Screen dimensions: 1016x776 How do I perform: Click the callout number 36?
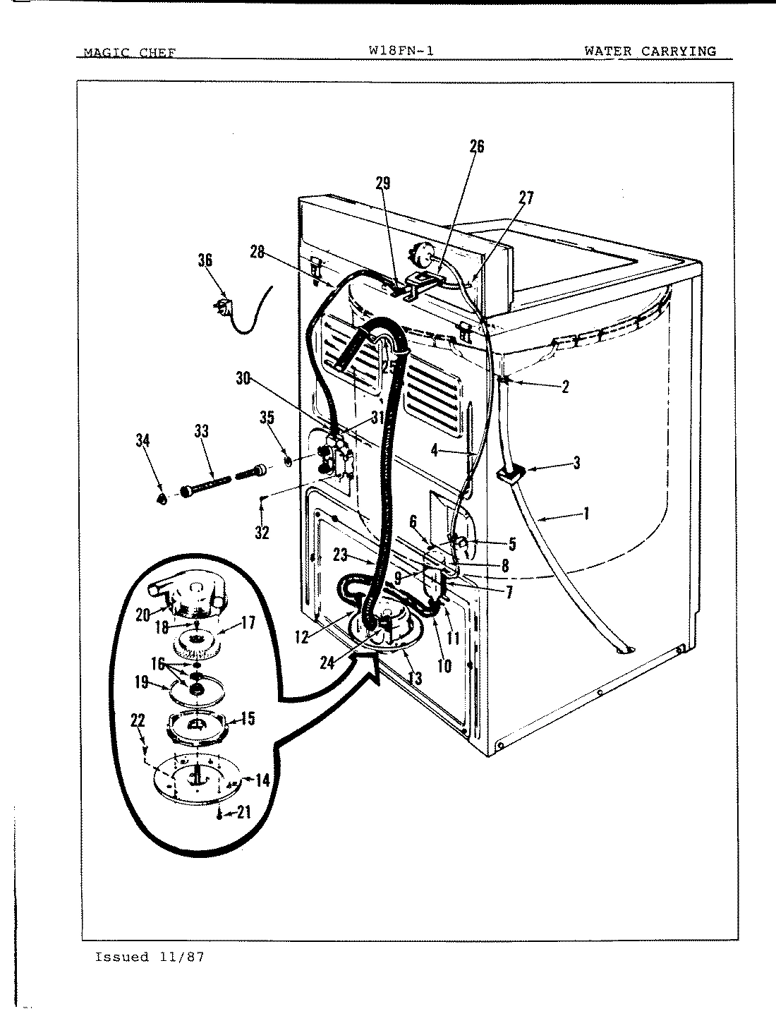tap(205, 260)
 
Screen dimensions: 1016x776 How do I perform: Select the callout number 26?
tap(477, 146)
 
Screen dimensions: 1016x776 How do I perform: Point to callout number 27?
tap(526, 198)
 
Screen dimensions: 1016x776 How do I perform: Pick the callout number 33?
tap(202, 430)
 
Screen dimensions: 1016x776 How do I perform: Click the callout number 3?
tap(576, 463)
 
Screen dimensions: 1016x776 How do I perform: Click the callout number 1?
tap(585, 513)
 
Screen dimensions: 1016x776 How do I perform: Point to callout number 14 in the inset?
tap(262, 780)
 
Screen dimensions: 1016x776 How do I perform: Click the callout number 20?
tap(143, 615)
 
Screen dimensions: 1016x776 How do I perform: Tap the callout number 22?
tap(138, 720)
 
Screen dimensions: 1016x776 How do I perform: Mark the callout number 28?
tap(257, 252)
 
